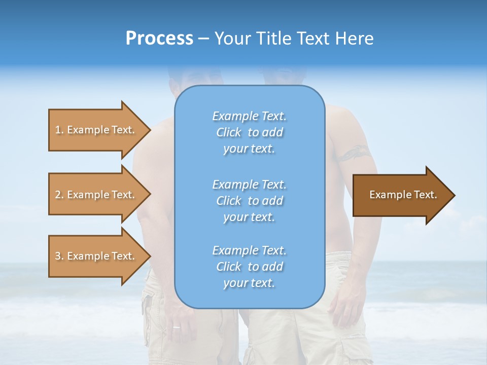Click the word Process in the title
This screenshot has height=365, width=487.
[159, 39]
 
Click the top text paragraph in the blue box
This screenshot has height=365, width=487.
[249, 132]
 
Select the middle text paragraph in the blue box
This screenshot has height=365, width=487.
[249, 200]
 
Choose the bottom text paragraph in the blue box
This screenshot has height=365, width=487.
[249, 267]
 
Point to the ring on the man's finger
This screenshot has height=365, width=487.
[176, 327]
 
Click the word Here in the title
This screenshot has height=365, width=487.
[356, 39]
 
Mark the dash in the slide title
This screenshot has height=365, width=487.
[204, 39]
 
